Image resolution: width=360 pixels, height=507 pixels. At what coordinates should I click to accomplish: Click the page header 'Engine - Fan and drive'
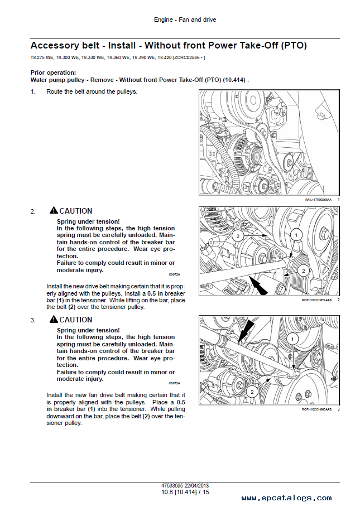tap(185, 20)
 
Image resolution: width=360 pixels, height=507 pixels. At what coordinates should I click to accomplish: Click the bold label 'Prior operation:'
tap(53, 73)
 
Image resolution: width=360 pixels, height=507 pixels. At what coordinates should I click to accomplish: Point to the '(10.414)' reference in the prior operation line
tap(234, 80)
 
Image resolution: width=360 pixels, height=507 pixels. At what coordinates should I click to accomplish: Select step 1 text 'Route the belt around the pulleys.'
tap(92, 91)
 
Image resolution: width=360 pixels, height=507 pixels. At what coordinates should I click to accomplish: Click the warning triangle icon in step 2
tap(53, 211)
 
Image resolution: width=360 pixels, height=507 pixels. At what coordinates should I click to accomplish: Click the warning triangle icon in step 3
tap(53, 320)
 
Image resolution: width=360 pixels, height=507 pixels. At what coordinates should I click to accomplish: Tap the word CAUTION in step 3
tap(76, 320)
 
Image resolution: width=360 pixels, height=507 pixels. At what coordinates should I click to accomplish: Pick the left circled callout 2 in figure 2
tap(237, 236)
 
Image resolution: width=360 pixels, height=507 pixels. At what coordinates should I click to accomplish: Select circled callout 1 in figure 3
tap(292, 339)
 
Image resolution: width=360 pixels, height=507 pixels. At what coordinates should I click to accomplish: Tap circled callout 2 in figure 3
tap(252, 392)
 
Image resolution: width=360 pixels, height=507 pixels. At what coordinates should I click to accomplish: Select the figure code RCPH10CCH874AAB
tap(316, 300)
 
